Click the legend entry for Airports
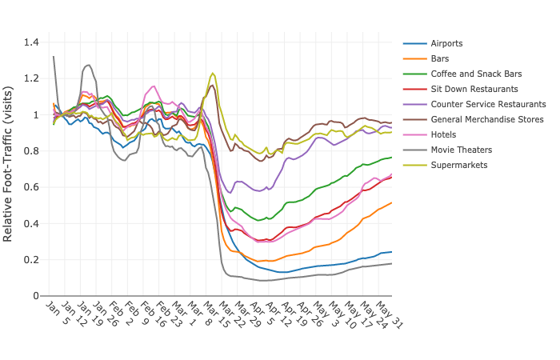446,43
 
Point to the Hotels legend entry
443,134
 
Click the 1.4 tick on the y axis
31,42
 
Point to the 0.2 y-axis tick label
31,260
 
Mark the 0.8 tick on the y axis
31,151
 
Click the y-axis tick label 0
36,296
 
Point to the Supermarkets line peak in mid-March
213,73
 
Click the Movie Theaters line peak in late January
88,65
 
